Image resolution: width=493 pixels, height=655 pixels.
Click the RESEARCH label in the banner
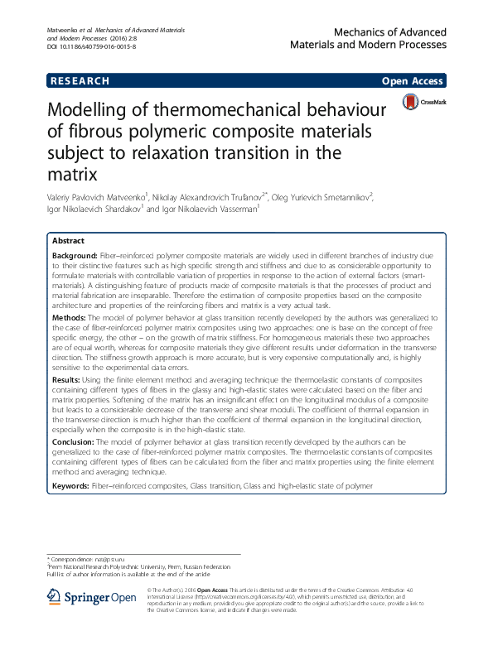(x=80, y=81)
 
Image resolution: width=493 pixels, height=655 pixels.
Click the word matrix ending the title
(x=73, y=174)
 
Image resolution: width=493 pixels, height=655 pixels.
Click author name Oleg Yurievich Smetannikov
(x=329, y=197)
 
